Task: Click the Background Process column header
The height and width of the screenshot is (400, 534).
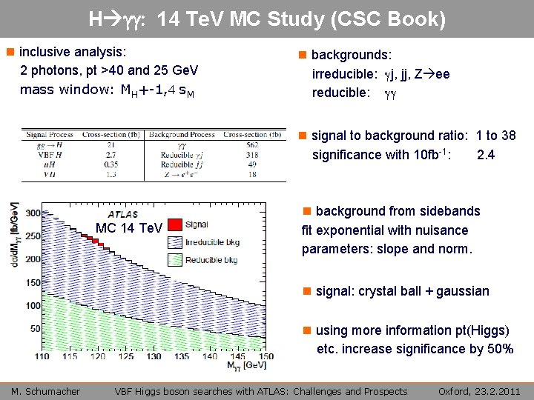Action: pos(182,136)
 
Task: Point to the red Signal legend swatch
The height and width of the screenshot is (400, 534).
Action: pos(175,224)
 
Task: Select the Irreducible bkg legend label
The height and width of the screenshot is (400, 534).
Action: pos(211,242)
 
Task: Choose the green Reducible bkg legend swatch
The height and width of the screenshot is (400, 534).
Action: pos(175,260)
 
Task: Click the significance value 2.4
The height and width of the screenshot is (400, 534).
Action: pos(487,155)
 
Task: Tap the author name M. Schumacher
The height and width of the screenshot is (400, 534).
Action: pos(45,391)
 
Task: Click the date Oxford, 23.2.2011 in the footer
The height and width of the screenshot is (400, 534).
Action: pos(479,391)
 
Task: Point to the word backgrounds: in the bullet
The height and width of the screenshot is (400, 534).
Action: pos(352,55)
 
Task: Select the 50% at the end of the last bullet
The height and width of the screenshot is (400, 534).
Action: pos(498,348)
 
